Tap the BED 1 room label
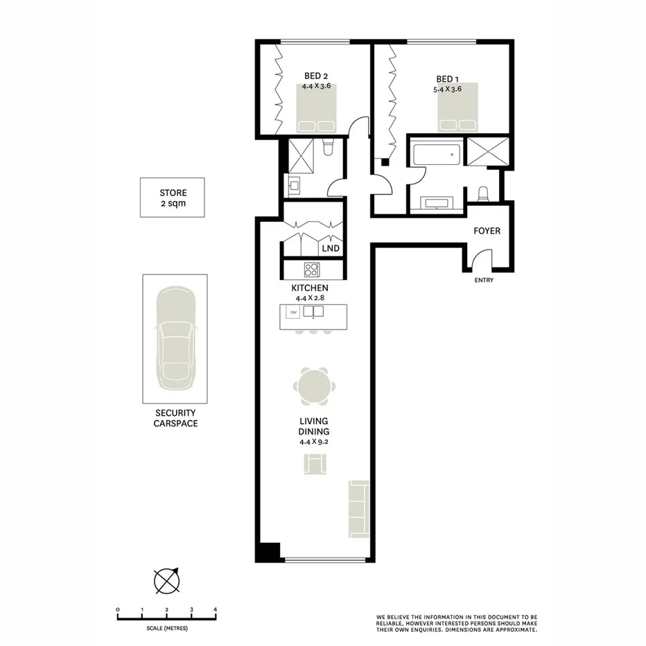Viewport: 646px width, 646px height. [x=447, y=79]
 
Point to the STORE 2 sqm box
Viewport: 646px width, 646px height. [x=173, y=198]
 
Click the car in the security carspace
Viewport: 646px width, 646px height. [x=176, y=337]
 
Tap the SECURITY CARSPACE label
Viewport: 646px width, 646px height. [x=175, y=418]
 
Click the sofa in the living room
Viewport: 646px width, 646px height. [x=359, y=509]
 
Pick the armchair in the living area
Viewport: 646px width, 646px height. [x=314, y=464]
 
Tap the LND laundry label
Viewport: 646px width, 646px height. [x=331, y=248]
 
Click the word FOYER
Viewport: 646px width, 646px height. [x=486, y=231]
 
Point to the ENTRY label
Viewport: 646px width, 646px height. [x=484, y=281]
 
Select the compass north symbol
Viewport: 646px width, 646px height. [x=167, y=581]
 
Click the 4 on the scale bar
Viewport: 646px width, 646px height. [x=216, y=610]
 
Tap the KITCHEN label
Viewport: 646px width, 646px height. [x=309, y=288]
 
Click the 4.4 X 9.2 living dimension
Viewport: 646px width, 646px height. [x=313, y=441]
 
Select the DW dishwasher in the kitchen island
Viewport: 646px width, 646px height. [x=293, y=313]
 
